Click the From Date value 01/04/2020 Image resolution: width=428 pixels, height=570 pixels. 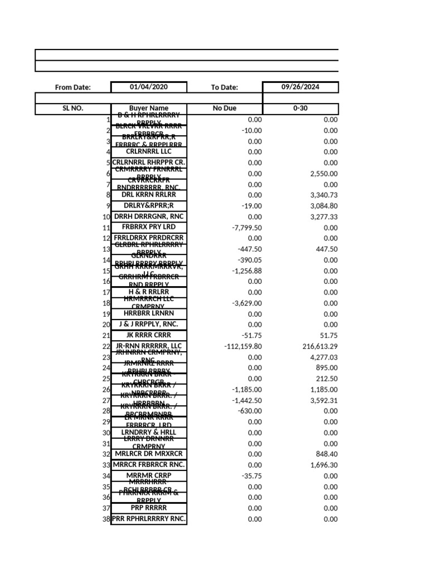[x=149, y=87]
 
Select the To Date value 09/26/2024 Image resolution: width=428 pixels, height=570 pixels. [x=300, y=87]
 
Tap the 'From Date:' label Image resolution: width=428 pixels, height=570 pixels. [x=72, y=87]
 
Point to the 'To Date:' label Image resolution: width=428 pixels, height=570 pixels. [x=225, y=87]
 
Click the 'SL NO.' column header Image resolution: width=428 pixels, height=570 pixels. [x=72, y=109]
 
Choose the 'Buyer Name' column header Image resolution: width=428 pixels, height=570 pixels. [x=149, y=109]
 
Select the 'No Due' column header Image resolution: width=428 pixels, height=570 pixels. [x=225, y=109]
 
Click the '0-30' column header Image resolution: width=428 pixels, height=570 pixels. [x=300, y=109]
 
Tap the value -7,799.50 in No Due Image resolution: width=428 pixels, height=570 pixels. [x=247, y=228]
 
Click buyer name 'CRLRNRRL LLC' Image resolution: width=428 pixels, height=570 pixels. [x=149, y=151]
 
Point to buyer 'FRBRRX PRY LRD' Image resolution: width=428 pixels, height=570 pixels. [x=149, y=227]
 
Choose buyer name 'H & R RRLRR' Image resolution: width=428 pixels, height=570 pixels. [x=149, y=292]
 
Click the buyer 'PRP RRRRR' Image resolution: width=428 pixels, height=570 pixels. [x=149, y=508]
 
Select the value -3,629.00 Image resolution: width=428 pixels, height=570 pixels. [x=247, y=303]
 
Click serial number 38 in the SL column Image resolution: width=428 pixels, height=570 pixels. [x=106, y=519]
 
